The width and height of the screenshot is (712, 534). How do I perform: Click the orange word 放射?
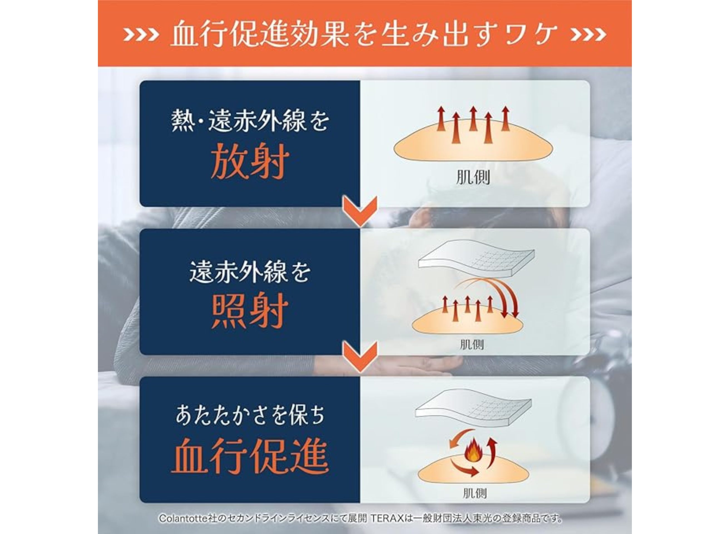pyautogui.click(x=250, y=161)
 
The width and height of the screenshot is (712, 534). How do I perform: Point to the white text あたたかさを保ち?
pyautogui.click(x=250, y=415)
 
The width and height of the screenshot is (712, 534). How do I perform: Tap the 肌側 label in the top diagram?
pyautogui.click(x=473, y=177)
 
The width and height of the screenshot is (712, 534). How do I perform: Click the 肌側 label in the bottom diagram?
pyautogui.click(x=474, y=493)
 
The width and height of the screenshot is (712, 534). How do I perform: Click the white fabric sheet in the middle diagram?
pyautogui.click(x=476, y=258)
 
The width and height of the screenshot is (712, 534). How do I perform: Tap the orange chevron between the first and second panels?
pyautogui.click(x=360, y=211)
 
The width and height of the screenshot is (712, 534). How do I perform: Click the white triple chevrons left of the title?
pyautogui.click(x=141, y=34)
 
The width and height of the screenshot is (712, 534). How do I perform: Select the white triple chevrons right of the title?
pyautogui.click(x=589, y=34)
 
